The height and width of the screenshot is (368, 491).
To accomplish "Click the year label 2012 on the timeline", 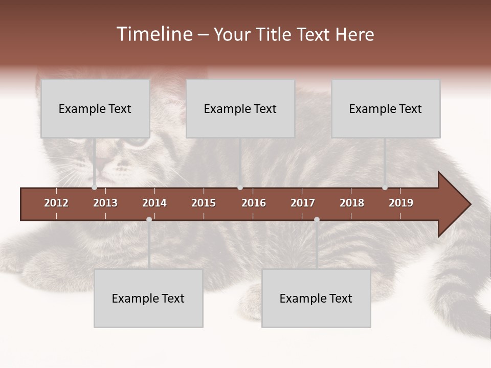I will (x=56, y=203).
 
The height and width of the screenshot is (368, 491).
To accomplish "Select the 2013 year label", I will (x=105, y=203).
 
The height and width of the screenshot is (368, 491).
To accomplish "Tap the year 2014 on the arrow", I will (x=154, y=203).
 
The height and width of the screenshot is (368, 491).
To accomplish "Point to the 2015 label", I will (x=204, y=203).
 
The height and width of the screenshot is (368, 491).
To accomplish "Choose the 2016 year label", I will (x=254, y=203).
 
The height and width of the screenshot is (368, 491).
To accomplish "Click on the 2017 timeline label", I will (x=303, y=203).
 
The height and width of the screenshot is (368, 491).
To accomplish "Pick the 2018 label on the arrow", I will (x=352, y=203).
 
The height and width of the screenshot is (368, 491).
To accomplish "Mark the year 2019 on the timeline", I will (x=401, y=203).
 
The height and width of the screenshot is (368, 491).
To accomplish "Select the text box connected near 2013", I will (x=95, y=108).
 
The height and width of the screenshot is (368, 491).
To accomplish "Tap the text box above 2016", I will (x=240, y=108).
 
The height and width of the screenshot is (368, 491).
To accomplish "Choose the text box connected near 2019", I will (x=386, y=108).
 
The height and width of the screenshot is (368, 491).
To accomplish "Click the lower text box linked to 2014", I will (x=148, y=298).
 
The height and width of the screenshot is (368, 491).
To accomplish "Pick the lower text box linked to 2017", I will (x=316, y=298).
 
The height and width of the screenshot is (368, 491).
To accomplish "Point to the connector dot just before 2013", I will (x=95, y=188).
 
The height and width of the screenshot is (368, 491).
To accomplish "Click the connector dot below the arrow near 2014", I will (x=149, y=219).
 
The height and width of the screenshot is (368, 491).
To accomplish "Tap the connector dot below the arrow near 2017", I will (x=317, y=219).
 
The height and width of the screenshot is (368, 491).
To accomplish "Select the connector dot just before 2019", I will (x=385, y=188).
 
